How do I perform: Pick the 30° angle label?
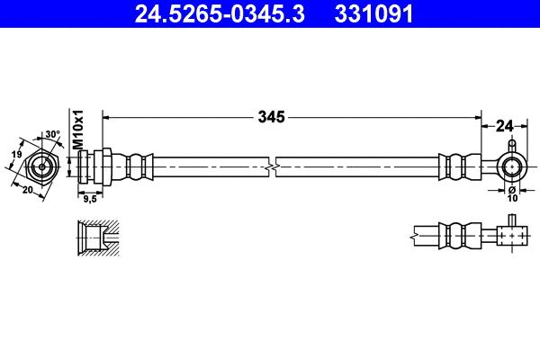click(x=52, y=135)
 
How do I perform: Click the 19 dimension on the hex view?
click(x=15, y=156)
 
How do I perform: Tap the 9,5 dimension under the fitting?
click(x=89, y=200)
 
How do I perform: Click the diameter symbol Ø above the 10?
click(x=511, y=189)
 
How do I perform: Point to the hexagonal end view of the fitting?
click(x=41, y=167)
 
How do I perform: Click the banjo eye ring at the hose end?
click(x=511, y=166)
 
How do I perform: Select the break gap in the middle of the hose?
click(x=272, y=166)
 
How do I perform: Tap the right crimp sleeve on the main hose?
click(x=454, y=166)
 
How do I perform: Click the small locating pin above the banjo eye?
click(x=511, y=144)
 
